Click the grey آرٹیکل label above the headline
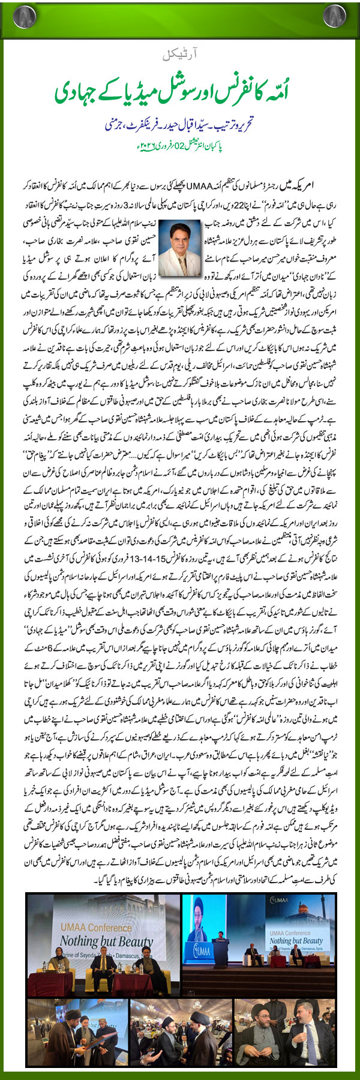(x=179, y=56)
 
